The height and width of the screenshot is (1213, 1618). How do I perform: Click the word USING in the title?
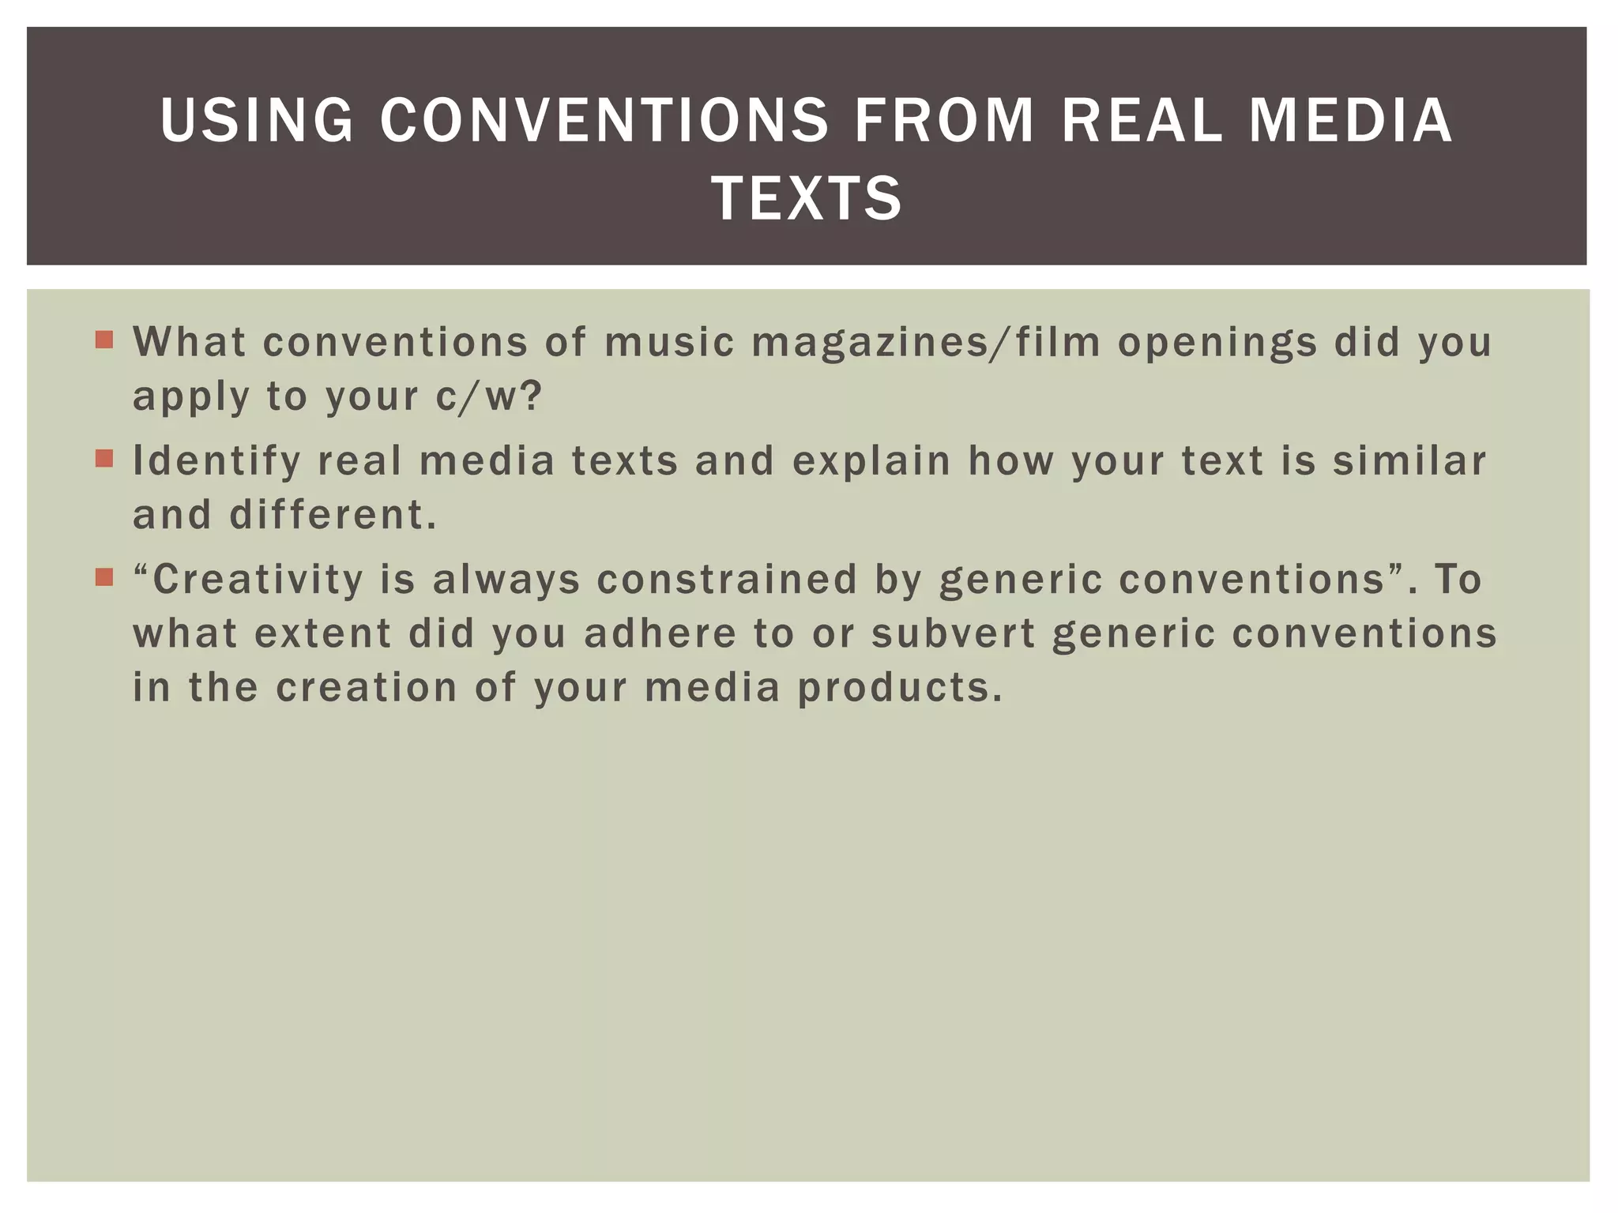[257, 120]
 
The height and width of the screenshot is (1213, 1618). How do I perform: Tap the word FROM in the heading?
[944, 120]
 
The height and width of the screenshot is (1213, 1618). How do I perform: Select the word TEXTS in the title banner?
[807, 198]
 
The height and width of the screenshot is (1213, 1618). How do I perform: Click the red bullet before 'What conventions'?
[104, 340]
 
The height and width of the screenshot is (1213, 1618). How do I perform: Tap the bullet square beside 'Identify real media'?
[104, 458]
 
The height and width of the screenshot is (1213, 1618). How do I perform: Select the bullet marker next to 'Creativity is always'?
[104, 577]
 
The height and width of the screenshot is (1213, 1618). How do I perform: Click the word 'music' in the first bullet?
[669, 342]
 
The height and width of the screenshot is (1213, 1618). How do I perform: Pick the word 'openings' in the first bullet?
[1217, 344]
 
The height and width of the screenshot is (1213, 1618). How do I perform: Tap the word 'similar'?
[1409, 460]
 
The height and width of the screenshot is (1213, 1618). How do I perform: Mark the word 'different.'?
[333, 515]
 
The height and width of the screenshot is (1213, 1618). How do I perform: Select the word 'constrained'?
[727, 579]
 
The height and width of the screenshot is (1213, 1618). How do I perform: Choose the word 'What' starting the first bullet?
[190, 342]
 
